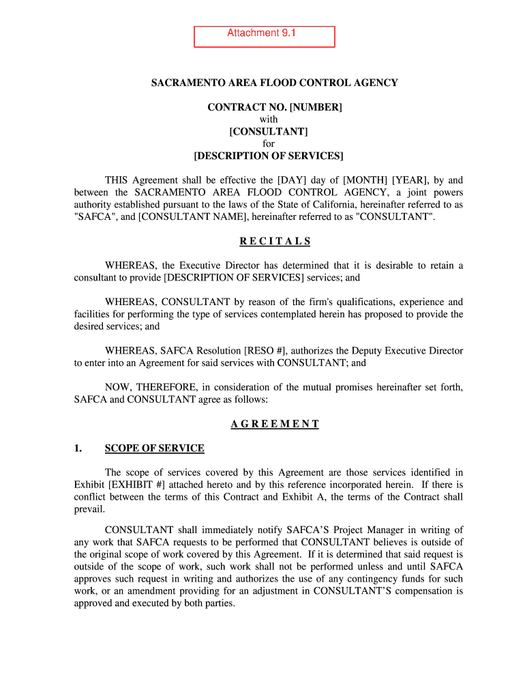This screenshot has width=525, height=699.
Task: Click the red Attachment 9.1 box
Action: pyautogui.click(x=265, y=37)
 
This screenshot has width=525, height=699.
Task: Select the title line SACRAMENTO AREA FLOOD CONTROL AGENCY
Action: pyautogui.click(x=274, y=83)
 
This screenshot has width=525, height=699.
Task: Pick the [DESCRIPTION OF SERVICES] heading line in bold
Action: pyautogui.click(x=269, y=156)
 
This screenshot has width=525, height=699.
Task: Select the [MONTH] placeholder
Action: pyautogui.click(x=365, y=180)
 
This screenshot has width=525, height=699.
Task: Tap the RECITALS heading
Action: pyautogui.click(x=275, y=242)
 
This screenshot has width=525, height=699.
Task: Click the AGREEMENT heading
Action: pyautogui.click(x=275, y=424)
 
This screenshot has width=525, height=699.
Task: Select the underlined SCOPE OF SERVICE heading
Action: pyautogui.click(x=154, y=448)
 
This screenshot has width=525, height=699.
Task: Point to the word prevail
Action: pyautogui.click(x=89, y=509)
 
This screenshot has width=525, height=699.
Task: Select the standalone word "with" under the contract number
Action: pyautogui.click(x=269, y=119)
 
